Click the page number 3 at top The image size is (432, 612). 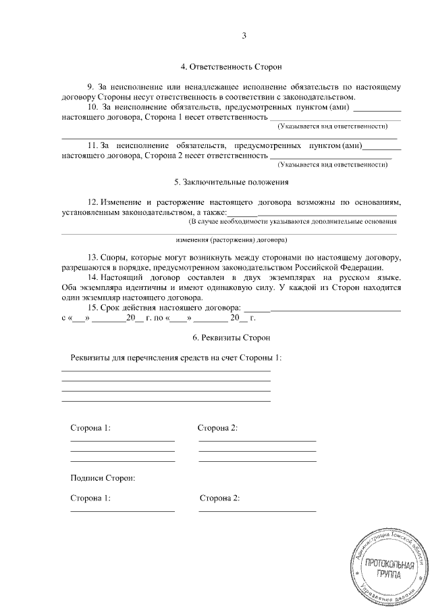pos(244,36)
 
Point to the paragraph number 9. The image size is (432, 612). pos(92,87)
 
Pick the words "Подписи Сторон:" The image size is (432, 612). pos(103,477)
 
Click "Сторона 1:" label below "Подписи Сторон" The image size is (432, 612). pos(90,498)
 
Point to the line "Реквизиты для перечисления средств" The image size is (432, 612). pos(175,357)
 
